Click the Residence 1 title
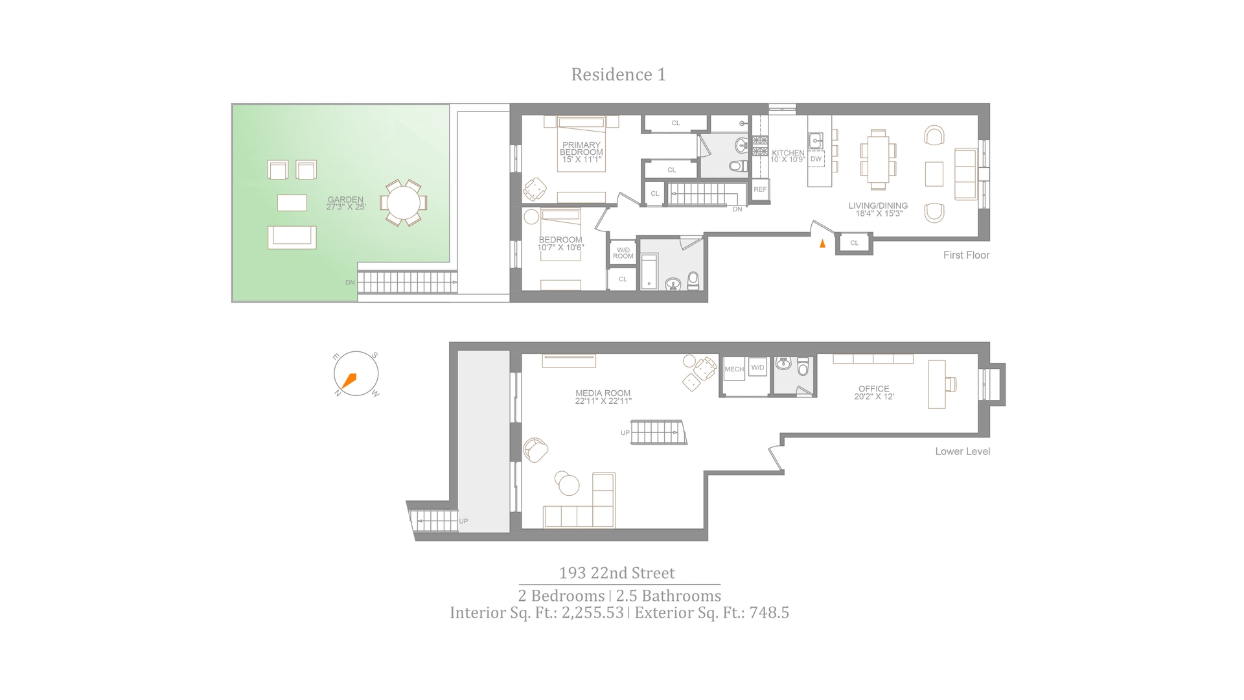(618, 75)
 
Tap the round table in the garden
(403, 204)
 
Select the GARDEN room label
(345, 204)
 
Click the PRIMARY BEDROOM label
(581, 152)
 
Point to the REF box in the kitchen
(760, 190)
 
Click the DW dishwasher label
(816, 159)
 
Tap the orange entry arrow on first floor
(822, 244)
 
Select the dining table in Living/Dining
(878, 159)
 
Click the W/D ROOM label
(623, 253)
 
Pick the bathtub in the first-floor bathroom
(649, 272)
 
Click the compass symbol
(356, 375)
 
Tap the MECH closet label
(734, 369)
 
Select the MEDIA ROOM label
(603, 397)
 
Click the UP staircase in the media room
(658, 432)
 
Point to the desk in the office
(936, 384)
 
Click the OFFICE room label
(873, 393)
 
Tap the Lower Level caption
(962, 452)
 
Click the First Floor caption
(966, 255)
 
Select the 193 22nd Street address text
(617, 573)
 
